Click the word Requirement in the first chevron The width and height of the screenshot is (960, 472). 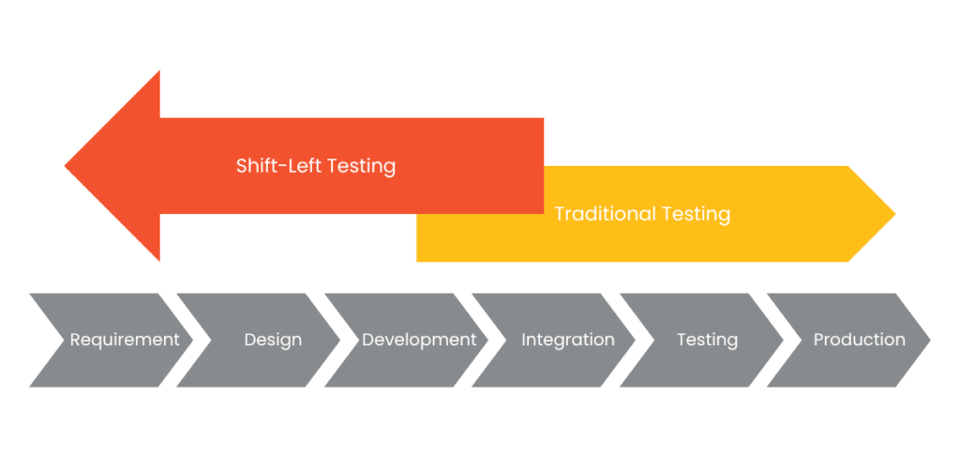125,340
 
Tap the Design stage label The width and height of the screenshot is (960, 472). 273,340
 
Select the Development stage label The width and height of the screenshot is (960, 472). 419,340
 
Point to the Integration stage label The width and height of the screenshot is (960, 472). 568,340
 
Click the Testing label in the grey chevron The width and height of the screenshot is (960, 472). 707,340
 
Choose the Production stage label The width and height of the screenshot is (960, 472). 859,340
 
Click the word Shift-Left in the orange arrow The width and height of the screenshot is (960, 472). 279,165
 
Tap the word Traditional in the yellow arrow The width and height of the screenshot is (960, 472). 605,214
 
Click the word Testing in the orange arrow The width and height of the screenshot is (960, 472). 362,166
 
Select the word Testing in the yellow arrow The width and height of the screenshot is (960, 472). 696,215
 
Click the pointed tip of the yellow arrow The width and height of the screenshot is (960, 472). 895,214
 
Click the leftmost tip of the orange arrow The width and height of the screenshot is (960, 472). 65,165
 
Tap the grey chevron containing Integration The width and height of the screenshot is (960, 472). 553,340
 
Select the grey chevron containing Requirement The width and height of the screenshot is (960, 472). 112,340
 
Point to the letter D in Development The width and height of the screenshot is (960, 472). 368,340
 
